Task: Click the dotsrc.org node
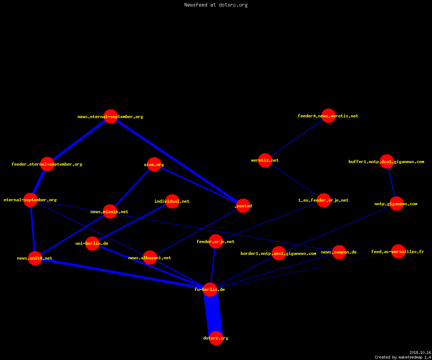216,338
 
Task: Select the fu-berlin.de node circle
210,289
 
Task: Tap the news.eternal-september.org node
111,117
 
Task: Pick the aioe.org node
154,165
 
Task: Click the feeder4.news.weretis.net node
328,116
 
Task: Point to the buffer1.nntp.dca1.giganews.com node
387,161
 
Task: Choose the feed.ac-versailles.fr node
398,252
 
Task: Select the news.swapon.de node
339,252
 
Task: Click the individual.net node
172,201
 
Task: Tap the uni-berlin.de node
92,243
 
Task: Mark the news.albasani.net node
150,258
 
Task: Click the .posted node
243,206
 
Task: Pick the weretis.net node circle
265,160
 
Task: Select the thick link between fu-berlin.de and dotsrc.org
213,314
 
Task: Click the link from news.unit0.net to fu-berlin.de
122,274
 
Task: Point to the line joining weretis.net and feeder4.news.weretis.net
297,138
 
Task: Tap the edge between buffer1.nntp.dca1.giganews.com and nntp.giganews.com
392,183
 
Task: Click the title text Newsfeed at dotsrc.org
216,5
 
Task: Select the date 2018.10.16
420,352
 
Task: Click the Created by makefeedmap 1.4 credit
403,357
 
